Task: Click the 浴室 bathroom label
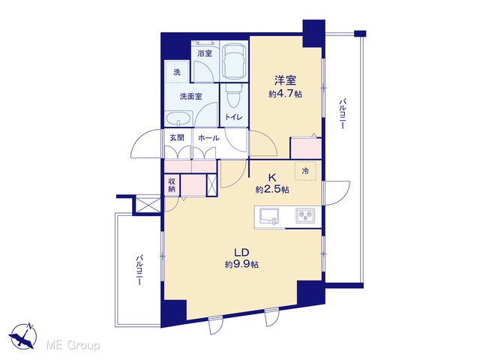pyautogui.click(x=205, y=53)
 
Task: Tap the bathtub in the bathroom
pyautogui.click(x=235, y=61)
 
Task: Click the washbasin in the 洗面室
pyautogui.click(x=178, y=118)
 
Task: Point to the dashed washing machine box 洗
pyautogui.click(x=177, y=71)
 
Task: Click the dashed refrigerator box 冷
pyautogui.click(x=305, y=171)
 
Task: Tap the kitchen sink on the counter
pyautogui.click(x=269, y=217)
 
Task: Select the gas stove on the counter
pyautogui.click(x=305, y=216)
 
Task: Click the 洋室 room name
pyautogui.click(x=285, y=80)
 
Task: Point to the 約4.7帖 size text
pyautogui.click(x=285, y=94)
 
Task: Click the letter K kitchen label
pyautogui.click(x=271, y=177)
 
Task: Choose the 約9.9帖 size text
pyautogui.click(x=241, y=264)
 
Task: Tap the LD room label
pyautogui.click(x=241, y=252)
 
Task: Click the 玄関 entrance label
pyautogui.click(x=177, y=138)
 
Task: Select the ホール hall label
pyautogui.click(x=208, y=138)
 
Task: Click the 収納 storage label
pyautogui.click(x=172, y=185)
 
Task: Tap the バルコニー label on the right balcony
pyautogui.click(x=343, y=113)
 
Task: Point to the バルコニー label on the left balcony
pyautogui.click(x=139, y=271)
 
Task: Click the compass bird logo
pyautogui.click(x=23, y=336)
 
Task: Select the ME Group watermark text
pyautogui.click(x=73, y=345)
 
